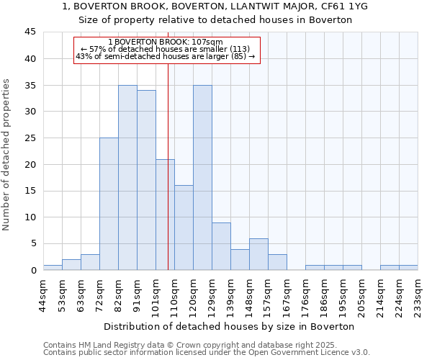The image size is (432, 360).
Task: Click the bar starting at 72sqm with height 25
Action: tap(109, 204)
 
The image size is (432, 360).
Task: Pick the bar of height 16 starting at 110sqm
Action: tap(184, 228)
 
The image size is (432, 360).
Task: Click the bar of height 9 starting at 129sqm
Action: tap(221, 246)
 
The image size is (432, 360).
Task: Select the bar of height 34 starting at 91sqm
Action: tap(146, 180)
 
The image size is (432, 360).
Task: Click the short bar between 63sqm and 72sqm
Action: tap(90, 262)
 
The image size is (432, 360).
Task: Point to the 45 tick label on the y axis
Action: tap(30, 32)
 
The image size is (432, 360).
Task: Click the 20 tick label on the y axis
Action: tap(30, 164)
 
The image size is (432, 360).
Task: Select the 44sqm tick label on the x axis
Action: tap(44, 294)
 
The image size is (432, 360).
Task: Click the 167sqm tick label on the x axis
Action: tap(287, 294)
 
